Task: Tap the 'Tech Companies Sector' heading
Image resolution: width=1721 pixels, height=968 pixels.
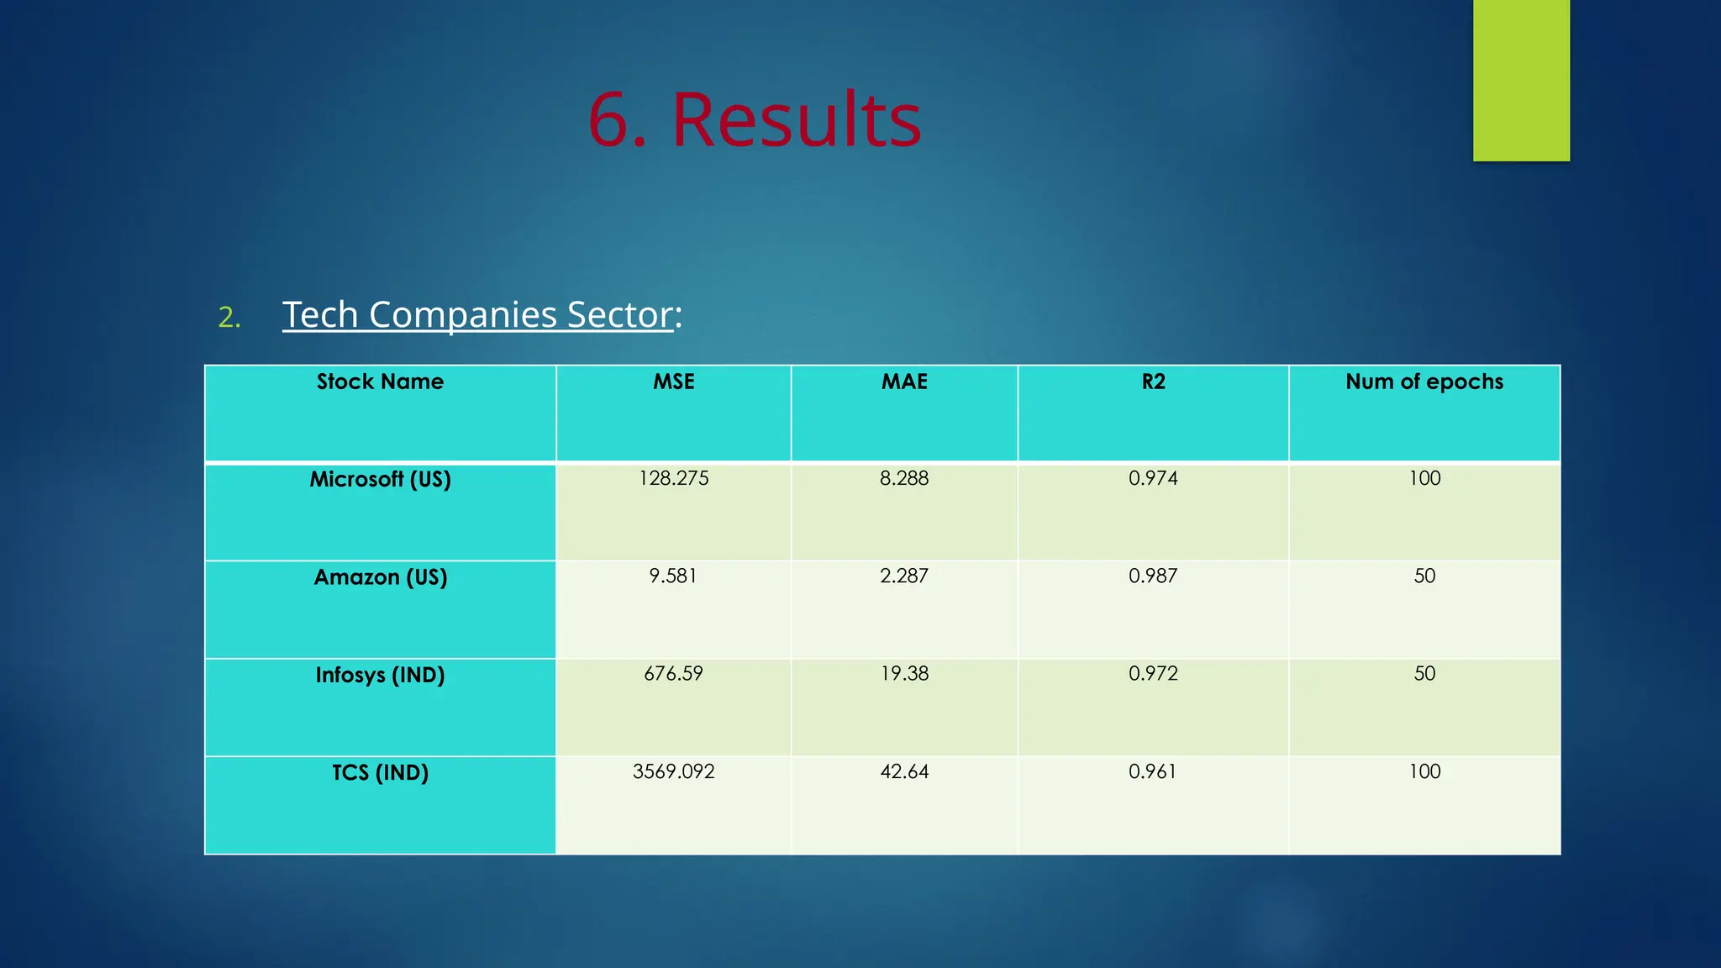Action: pos(477,315)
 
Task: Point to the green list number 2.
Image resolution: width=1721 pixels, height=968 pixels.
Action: pos(229,318)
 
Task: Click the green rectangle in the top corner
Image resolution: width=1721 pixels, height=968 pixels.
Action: pos(1520,80)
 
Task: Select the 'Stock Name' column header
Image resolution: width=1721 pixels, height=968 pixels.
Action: pos(380,382)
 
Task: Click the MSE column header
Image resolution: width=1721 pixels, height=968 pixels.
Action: pos(673,382)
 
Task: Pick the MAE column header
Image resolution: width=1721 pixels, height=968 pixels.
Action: pos(904,382)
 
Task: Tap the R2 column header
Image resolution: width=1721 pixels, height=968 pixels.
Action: pos(1153,382)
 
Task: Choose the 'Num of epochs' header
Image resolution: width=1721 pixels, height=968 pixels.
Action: pos(1424,382)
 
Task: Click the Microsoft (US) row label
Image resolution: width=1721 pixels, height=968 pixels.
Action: pos(380,480)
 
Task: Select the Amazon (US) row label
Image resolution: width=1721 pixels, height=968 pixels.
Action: pos(380,577)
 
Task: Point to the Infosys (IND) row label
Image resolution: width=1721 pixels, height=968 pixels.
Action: pos(380,675)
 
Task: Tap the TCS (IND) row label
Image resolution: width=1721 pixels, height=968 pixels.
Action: pos(380,772)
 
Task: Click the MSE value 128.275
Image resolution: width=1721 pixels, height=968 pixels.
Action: pos(673,479)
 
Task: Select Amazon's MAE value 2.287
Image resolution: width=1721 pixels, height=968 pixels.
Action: pos(904,576)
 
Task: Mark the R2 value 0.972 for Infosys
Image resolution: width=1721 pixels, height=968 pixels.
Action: pos(1153,674)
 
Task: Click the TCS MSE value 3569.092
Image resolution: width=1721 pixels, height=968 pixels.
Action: pos(673,771)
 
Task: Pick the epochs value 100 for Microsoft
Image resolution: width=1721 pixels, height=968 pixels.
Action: pos(1424,479)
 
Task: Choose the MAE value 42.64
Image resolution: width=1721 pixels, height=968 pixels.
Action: pos(904,771)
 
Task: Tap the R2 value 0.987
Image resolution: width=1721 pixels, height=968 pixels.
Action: pos(1153,576)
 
